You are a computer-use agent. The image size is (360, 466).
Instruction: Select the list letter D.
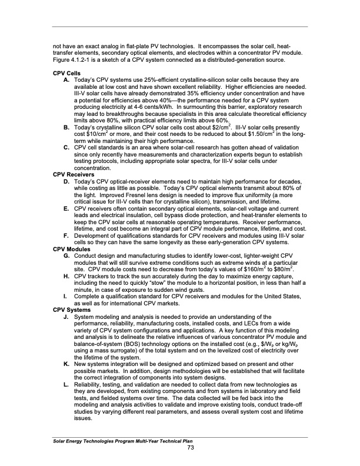tap(65, 182)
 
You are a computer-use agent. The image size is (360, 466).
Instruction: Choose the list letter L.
tap(65, 384)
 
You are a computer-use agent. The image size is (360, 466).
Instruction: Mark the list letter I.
tap(65, 298)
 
